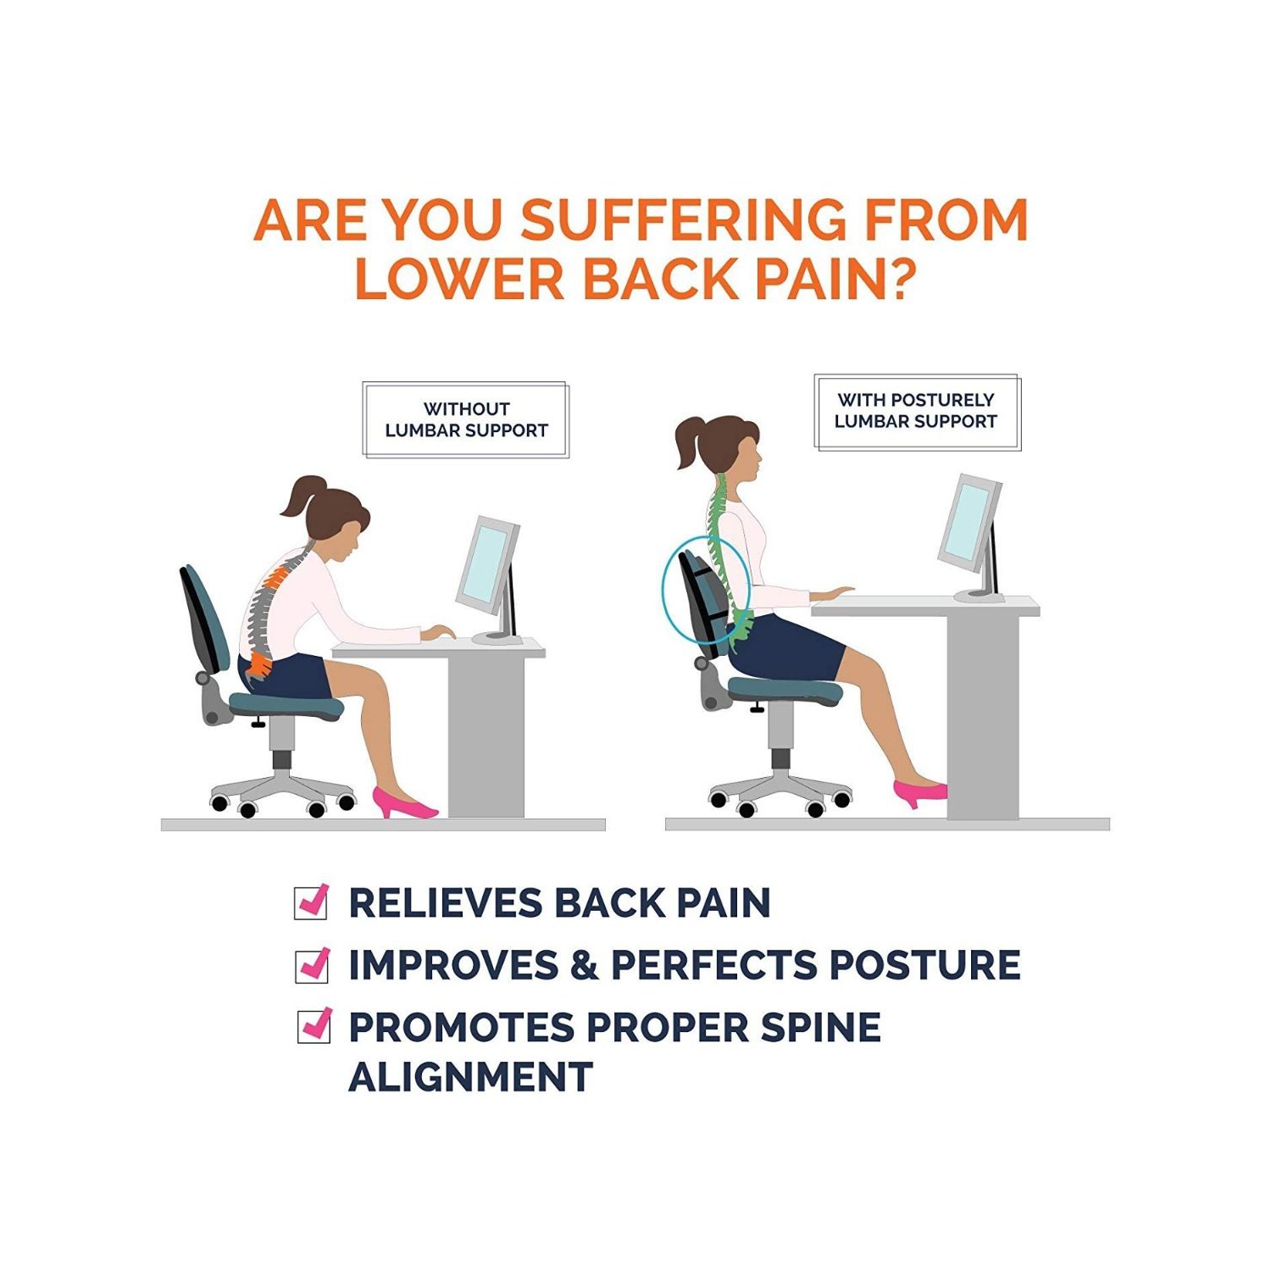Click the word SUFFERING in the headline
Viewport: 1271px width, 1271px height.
[683, 220]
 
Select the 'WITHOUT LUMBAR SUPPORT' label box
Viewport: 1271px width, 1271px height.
[466, 419]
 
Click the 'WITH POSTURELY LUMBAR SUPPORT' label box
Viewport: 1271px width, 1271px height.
[916, 411]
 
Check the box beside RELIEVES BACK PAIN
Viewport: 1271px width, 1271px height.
[312, 902]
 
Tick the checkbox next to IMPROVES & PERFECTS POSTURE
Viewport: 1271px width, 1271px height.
[313, 964]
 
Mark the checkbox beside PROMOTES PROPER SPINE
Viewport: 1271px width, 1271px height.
[314, 1026]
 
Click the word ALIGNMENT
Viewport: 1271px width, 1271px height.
[470, 1078]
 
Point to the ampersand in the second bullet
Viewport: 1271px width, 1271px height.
[585, 965]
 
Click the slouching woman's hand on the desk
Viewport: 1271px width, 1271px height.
[439, 632]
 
